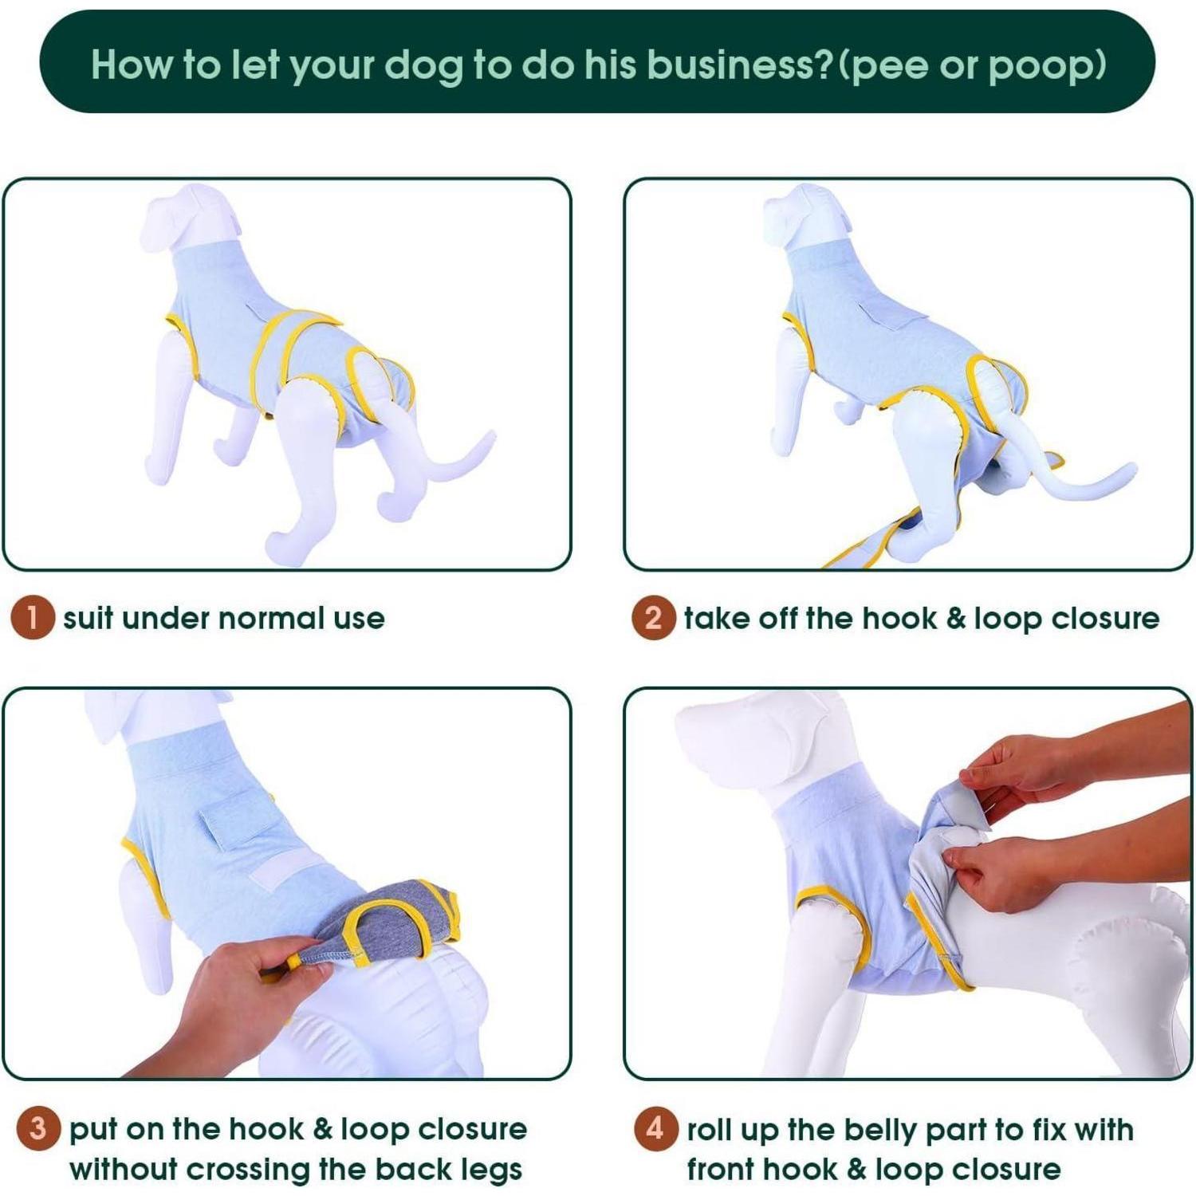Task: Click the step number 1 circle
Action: pos(33,618)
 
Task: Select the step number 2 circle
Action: pos(653,618)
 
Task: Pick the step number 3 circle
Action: pos(37,1129)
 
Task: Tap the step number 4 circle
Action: pos(655,1128)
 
